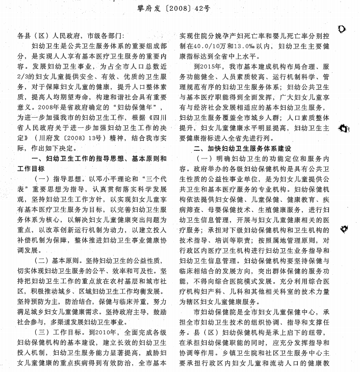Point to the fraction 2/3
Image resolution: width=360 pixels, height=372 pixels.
click(24, 75)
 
